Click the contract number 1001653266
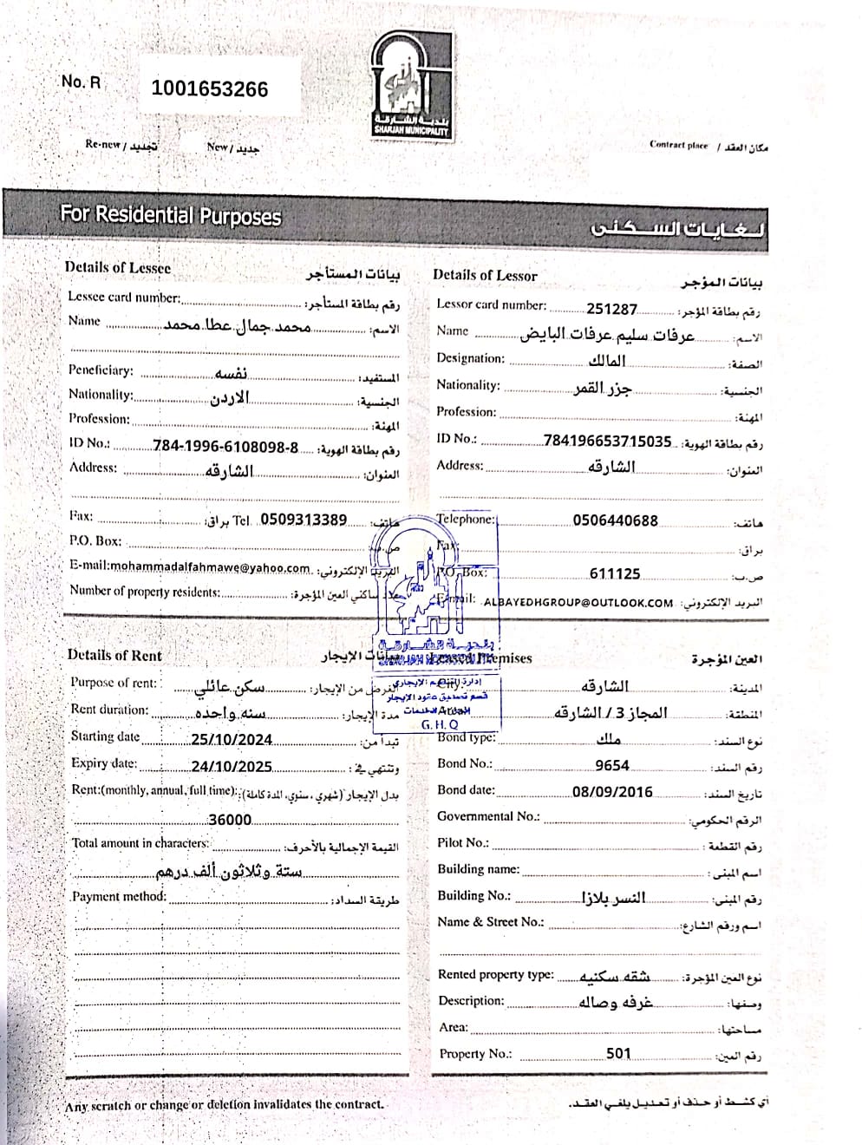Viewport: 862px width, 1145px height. (x=210, y=88)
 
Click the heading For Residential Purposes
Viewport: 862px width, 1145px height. (x=171, y=214)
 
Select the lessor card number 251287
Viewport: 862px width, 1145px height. (x=611, y=309)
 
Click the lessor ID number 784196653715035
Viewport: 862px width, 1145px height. (x=607, y=442)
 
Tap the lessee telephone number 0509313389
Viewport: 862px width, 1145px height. (x=304, y=520)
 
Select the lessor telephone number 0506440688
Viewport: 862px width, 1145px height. (x=615, y=520)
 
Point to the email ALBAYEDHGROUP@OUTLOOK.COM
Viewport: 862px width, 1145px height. (x=578, y=602)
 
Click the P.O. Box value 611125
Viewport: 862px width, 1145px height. (x=614, y=574)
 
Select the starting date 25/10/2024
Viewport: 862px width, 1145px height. (x=232, y=740)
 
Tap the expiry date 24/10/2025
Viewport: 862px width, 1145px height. (x=232, y=767)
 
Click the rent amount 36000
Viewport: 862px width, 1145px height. (x=230, y=820)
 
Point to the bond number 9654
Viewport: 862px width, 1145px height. (x=612, y=765)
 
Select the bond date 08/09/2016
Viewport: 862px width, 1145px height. (x=612, y=792)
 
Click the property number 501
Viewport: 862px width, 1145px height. (x=618, y=1054)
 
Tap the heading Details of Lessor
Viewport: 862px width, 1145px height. (x=485, y=275)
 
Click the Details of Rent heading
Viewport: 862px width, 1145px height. (x=114, y=656)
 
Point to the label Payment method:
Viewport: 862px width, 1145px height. (x=119, y=897)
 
